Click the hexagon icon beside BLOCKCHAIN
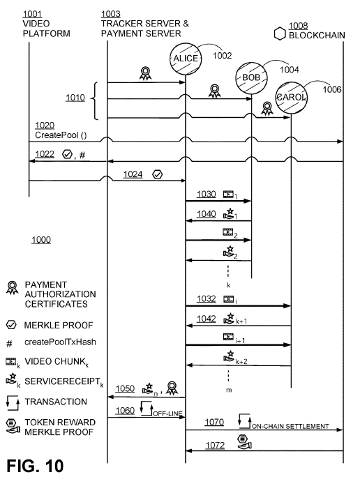pos(280,33)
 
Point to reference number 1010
pos(75,98)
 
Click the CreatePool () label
pos(61,135)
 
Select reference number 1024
pos(133,174)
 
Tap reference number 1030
pos(207,194)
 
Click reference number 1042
pos(207,319)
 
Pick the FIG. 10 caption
pos(35,466)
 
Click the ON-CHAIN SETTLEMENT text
pos(290,427)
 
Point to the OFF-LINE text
pos(167,413)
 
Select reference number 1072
pos(215,446)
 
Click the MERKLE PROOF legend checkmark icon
pos(11,325)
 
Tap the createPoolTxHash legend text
pos(60,342)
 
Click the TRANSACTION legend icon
pos(13,402)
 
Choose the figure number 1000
pos(41,240)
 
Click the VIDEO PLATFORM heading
pos(47,29)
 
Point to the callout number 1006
pos(332,89)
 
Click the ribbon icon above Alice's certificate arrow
pos(145,74)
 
